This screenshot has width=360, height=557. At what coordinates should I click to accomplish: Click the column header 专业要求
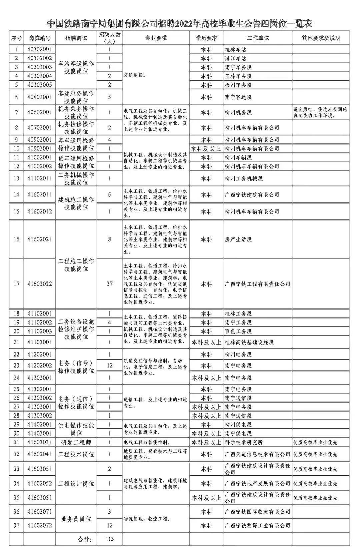point(156,38)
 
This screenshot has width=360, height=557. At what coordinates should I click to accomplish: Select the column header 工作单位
point(258,38)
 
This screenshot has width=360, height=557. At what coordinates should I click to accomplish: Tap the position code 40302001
point(40,49)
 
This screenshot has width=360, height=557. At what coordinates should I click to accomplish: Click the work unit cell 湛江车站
point(236,58)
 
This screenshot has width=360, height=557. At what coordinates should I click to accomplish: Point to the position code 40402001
point(40,97)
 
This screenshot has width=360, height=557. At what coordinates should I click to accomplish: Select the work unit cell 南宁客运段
point(238,97)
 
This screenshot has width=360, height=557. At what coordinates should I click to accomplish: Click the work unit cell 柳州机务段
point(238,112)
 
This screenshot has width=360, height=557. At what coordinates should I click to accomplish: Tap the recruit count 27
point(109,284)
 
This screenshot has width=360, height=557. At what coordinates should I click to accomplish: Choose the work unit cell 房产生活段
point(238,239)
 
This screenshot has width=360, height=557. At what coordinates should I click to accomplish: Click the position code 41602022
point(40,284)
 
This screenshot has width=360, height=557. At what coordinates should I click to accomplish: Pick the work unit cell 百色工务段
point(238,331)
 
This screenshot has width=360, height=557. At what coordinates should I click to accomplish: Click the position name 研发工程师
point(76,442)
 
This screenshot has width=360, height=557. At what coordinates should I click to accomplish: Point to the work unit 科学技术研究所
point(244,442)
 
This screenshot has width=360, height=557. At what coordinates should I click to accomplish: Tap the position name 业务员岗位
point(76,519)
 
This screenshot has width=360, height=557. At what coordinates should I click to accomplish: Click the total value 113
point(109,539)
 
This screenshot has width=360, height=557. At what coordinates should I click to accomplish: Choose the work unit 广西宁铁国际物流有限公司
point(257,512)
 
